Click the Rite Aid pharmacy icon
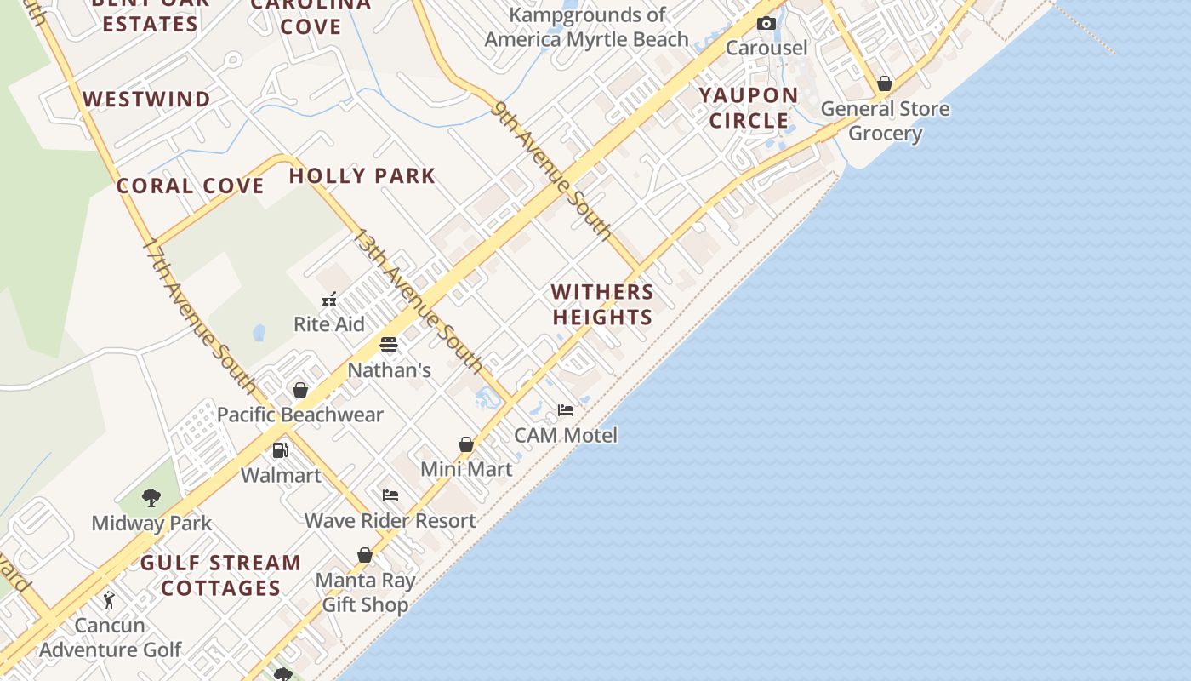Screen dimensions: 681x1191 329,300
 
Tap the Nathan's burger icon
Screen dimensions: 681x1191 389,345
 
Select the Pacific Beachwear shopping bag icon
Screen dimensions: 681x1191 300,390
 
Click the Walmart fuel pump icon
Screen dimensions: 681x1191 281,450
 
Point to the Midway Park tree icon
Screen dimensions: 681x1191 151,498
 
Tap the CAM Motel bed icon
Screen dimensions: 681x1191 566,410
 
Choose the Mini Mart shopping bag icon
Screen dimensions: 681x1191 466,444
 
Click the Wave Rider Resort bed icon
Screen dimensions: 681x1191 390,495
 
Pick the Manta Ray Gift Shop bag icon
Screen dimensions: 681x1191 365,555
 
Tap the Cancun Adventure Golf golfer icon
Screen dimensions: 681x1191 109,600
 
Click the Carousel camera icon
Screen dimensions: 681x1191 766,23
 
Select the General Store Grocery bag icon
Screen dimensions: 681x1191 885,83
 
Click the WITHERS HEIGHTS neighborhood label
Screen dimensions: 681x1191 602,304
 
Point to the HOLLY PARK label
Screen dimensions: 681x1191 362,176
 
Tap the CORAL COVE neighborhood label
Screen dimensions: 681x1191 191,186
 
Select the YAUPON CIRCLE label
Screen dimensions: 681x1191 749,107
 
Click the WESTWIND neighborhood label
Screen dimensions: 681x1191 147,100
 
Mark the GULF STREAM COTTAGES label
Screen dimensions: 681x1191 221,575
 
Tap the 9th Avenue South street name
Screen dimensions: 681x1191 551,169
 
